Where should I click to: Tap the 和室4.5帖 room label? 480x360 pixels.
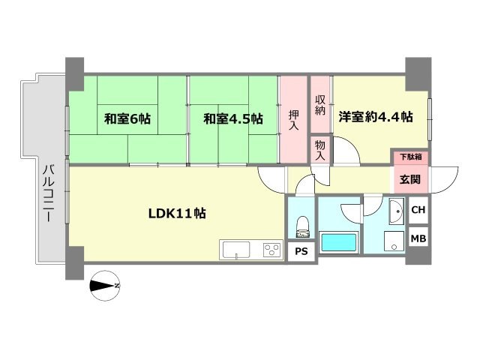[x=234, y=118]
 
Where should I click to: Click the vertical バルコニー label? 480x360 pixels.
[x=46, y=193]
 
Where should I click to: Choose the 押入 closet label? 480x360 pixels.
[x=294, y=121]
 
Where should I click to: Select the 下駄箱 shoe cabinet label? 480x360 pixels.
[x=409, y=157]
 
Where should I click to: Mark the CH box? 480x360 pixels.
[x=418, y=210]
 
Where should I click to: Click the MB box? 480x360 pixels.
[x=418, y=239]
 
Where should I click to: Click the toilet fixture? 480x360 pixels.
[x=302, y=224]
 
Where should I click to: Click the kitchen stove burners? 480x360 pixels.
[x=270, y=250]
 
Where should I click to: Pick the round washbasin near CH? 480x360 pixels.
[x=396, y=211]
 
